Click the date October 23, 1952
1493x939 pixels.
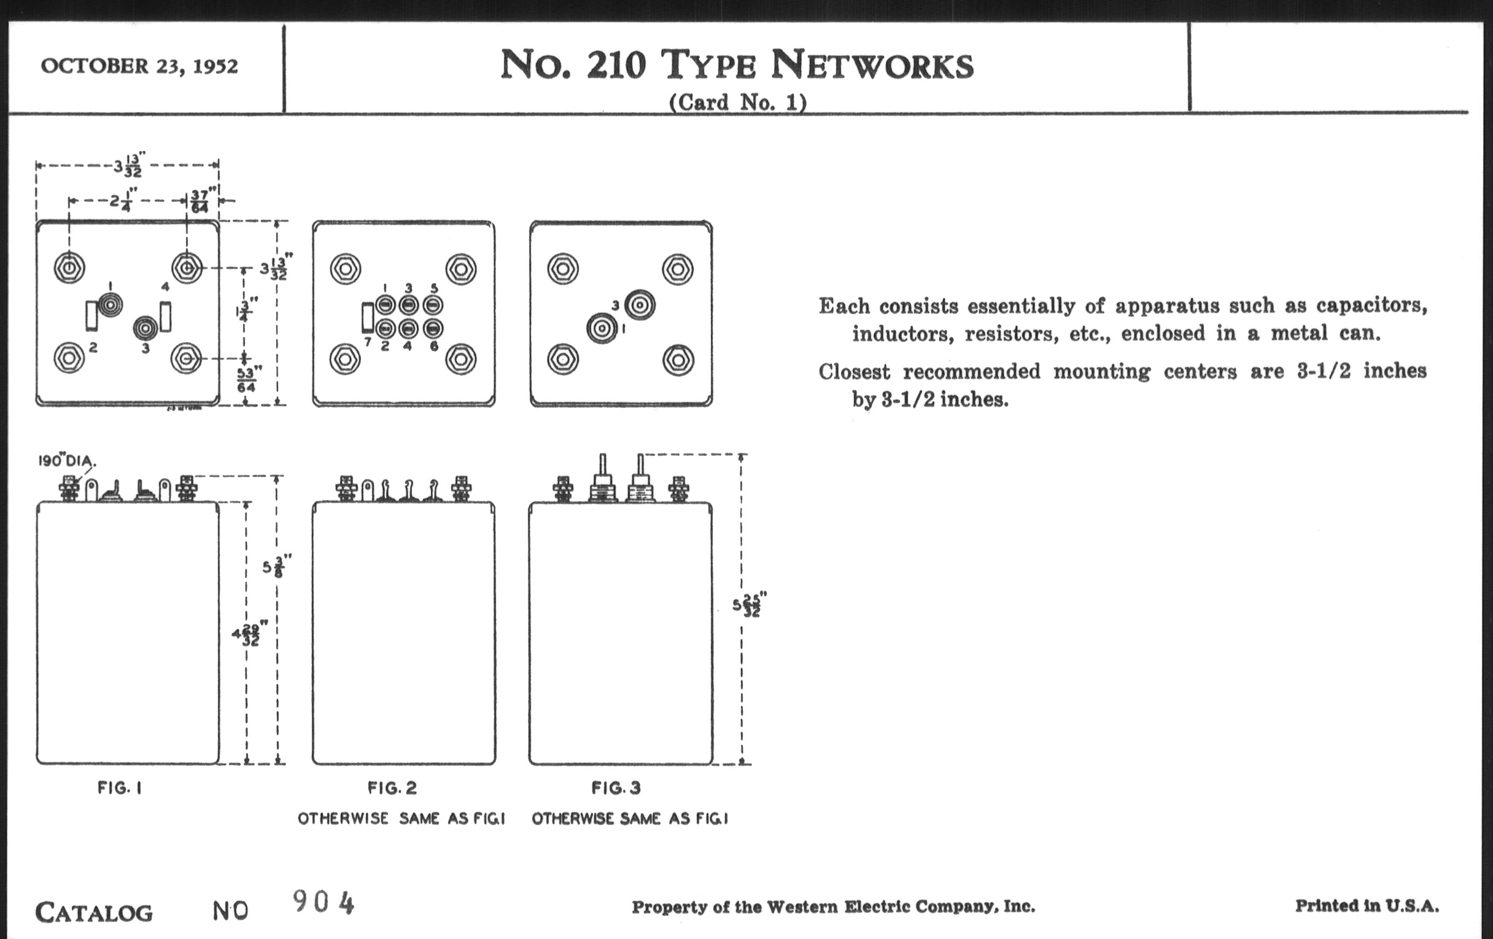pyautogui.click(x=139, y=66)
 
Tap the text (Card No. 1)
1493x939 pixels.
pyautogui.click(x=737, y=102)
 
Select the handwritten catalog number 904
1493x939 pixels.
pyautogui.click(x=323, y=902)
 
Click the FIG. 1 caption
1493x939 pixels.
pyautogui.click(x=120, y=788)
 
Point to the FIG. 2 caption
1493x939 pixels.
pyautogui.click(x=392, y=788)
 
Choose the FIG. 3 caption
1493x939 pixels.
pyautogui.click(x=616, y=788)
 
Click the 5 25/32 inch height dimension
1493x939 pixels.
pyautogui.click(x=750, y=605)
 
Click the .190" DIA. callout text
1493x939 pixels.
pyautogui.click(x=67, y=461)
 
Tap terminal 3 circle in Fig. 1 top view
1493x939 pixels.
pyautogui.click(x=145, y=328)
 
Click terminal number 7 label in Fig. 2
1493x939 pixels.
pyautogui.click(x=368, y=342)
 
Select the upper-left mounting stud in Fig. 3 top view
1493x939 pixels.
pyautogui.click(x=563, y=269)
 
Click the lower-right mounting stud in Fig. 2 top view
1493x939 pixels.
pyautogui.click(x=460, y=359)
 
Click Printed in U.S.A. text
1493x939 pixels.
pyautogui.click(x=1367, y=905)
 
